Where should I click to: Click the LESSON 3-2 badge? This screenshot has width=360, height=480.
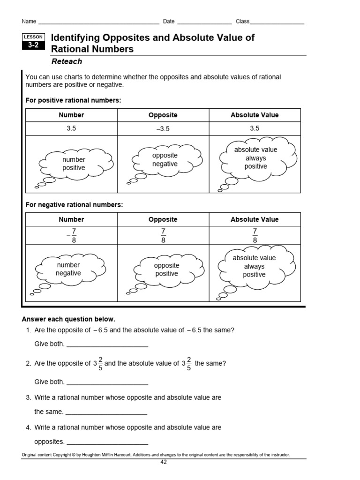(34, 42)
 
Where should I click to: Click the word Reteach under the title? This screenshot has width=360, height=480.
(66, 61)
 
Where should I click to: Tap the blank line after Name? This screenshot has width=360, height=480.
(98, 22)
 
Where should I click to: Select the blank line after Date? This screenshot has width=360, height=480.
(204, 22)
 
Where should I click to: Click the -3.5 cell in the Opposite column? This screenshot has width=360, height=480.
(163, 129)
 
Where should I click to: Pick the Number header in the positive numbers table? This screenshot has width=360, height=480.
(71, 115)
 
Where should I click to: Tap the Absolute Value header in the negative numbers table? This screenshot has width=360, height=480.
(255, 219)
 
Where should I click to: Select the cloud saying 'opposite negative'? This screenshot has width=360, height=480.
(165, 160)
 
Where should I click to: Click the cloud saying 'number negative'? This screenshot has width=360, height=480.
(69, 270)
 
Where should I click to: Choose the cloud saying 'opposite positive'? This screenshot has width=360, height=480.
(166, 270)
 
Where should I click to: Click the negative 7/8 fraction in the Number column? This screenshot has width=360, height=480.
(71, 235)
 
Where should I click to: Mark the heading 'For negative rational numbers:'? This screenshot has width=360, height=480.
(74, 205)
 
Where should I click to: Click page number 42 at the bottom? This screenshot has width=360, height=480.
(163, 462)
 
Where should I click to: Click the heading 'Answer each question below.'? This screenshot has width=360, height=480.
(68, 319)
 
